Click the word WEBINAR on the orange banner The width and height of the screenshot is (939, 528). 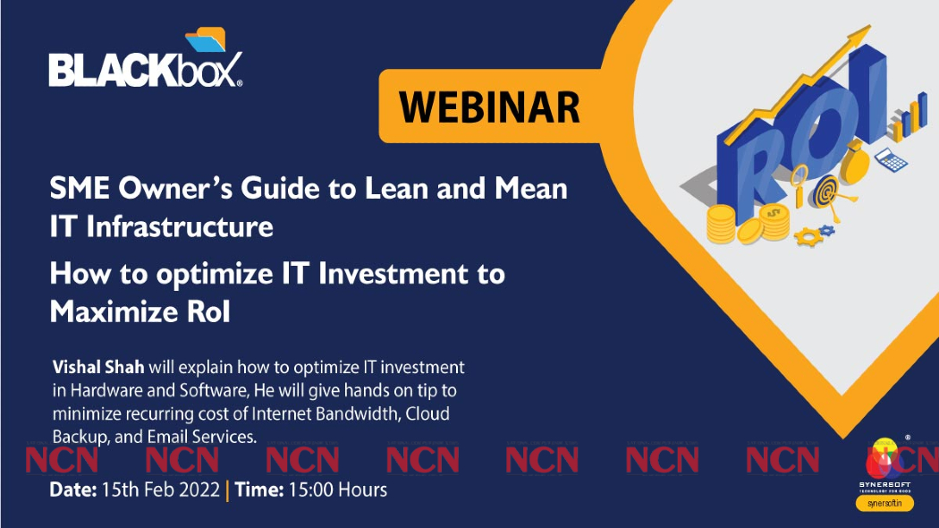coord(489,107)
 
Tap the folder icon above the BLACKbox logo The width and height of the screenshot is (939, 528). coord(206,41)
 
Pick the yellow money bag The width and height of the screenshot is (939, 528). coord(855,166)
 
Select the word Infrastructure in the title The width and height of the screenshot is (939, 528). coord(179,226)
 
